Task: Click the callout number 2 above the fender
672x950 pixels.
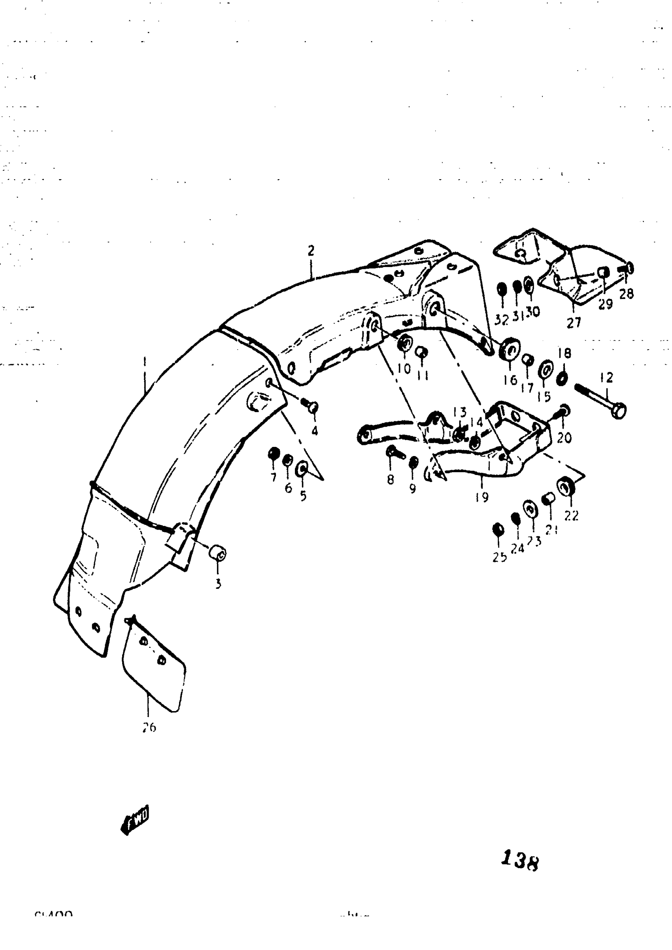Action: pyautogui.click(x=311, y=250)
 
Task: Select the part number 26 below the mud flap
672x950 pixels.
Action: pyautogui.click(x=149, y=727)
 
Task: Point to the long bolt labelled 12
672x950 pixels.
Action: pyautogui.click(x=600, y=399)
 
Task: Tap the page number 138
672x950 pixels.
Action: pyautogui.click(x=520, y=861)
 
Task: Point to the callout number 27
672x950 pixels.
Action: pyautogui.click(x=574, y=322)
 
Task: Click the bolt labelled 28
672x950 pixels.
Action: pyautogui.click(x=627, y=269)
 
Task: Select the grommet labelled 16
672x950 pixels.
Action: pyautogui.click(x=510, y=349)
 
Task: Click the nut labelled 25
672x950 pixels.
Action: pyautogui.click(x=498, y=530)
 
